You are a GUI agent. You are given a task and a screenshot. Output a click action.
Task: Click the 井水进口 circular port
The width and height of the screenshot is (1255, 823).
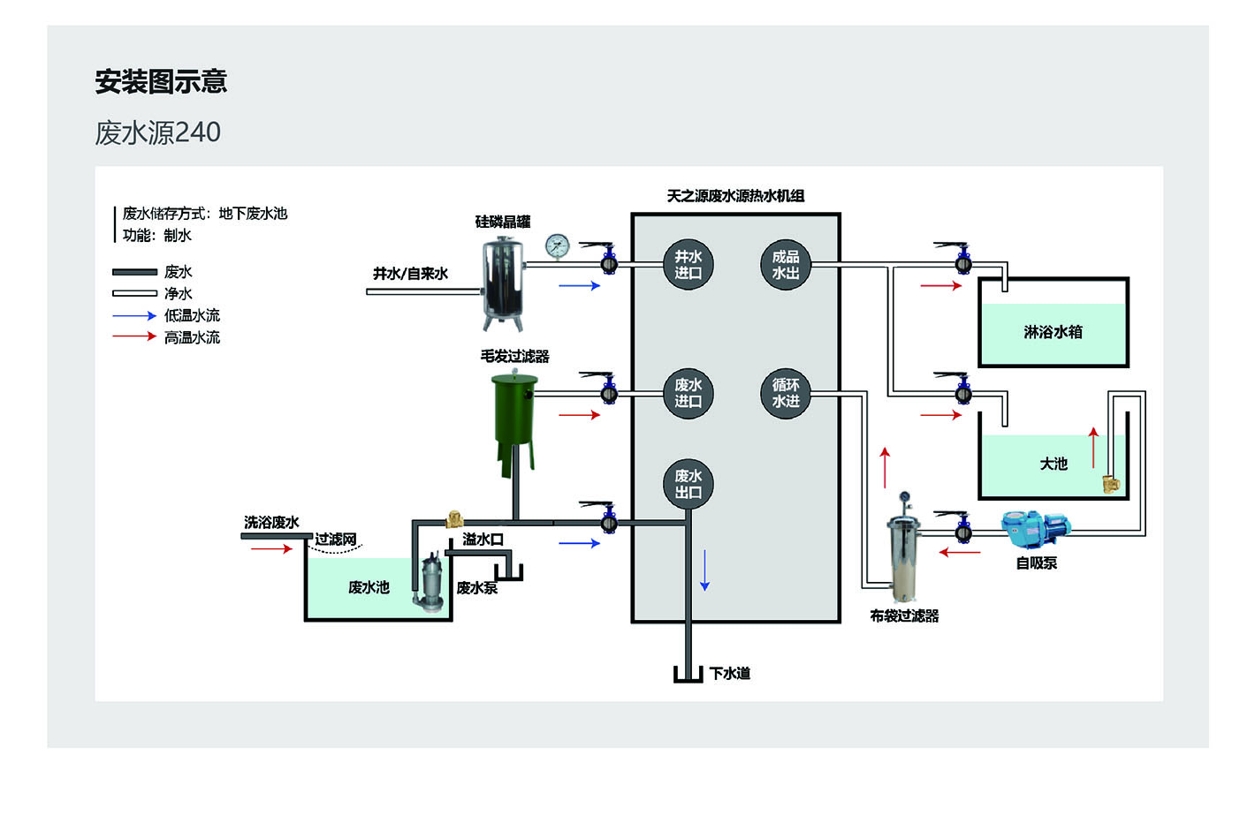[x=688, y=264]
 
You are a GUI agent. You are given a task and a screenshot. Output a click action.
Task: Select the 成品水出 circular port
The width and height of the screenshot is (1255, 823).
[x=785, y=264]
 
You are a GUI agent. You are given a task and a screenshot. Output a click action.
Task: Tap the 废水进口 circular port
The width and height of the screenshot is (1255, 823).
[x=688, y=393]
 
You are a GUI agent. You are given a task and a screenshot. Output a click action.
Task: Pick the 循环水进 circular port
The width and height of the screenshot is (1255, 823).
[x=785, y=393]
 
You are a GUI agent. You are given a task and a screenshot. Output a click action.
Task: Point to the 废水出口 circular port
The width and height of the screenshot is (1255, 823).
[x=688, y=484]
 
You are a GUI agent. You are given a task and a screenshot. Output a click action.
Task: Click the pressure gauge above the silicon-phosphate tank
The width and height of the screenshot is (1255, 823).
[x=558, y=246]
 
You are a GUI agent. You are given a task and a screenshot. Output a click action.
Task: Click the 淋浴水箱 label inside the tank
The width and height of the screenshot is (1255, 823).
[x=1053, y=332]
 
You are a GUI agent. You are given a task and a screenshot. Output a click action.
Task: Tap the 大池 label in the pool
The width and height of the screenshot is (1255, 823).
[x=1053, y=464]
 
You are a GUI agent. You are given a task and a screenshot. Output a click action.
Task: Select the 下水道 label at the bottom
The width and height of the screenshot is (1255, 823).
[x=730, y=674]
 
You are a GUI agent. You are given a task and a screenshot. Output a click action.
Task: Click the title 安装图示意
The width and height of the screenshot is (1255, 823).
[x=161, y=81]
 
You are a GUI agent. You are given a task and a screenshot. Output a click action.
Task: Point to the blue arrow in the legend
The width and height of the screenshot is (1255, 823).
[x=134, y=315]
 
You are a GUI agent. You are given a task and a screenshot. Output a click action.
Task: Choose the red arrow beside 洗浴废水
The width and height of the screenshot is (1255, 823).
[x=270, y=549]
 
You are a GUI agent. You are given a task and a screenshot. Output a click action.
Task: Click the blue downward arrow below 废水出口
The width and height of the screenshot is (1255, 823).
[x=704, y=570]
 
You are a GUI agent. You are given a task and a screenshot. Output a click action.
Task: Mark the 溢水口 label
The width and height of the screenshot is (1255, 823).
[x=483, y=540]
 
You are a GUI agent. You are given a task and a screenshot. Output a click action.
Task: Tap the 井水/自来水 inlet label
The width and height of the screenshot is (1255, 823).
[x=410, y=274]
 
